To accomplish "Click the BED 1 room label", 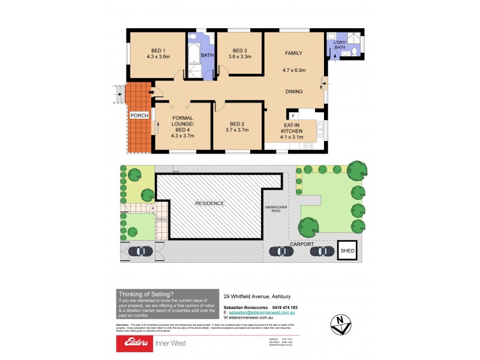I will point(158,50).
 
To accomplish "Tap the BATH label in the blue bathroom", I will point(207,56).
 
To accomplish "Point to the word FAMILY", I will point(294,53).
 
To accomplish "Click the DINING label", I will point(293,91).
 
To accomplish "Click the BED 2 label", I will point(238,122).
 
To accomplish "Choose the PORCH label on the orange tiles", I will point(139,116).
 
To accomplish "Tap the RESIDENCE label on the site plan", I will point(209,203).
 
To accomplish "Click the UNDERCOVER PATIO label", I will point(277,209).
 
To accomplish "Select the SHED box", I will point(346,251).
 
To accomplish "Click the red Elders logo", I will point(136,343).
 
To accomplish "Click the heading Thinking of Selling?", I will point(146,293).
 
